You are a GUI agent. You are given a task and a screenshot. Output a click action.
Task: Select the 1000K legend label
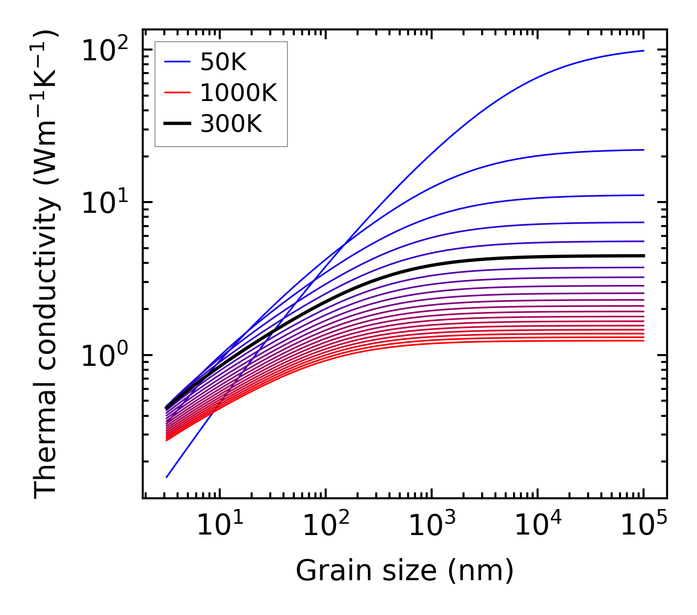tap(238, 93)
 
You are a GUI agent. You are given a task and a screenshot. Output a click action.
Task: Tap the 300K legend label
tap(231, 124)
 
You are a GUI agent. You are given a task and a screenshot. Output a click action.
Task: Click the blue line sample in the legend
tap(177, 62)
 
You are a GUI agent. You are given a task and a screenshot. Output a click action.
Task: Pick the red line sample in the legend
tap(177, 93)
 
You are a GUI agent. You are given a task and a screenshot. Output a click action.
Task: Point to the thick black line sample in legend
tap(177, 124)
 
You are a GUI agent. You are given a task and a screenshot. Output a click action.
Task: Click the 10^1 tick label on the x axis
tap(219, 526)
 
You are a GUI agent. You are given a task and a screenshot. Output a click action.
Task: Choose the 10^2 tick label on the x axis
tap(325, 526)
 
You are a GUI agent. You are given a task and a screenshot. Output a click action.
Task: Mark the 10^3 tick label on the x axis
tap(431, 526)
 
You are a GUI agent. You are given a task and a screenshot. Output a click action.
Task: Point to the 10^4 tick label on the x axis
tap(537, 526)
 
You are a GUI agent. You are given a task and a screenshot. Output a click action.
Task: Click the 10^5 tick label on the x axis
tap(643, 526)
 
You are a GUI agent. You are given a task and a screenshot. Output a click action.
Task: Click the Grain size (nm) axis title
tap(405, 571)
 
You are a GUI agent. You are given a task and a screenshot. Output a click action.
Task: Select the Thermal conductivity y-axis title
tap(47, 264)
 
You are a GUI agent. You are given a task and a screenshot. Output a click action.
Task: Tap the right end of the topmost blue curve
tap(643, 51)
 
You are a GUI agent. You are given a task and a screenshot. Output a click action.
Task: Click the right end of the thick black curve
tap(643, 256)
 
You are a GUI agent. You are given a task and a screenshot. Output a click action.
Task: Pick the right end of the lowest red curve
tap(643, 340)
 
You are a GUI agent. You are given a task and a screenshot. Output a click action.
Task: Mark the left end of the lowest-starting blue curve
tap(167, 477)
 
